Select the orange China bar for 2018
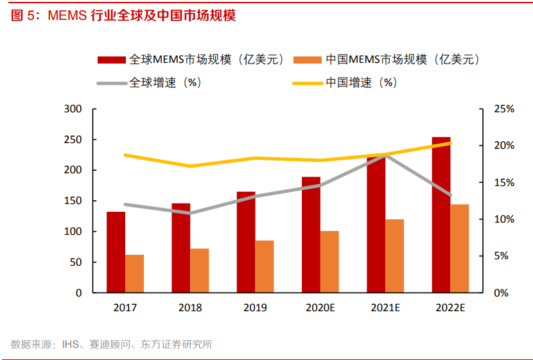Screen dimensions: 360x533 tap(199, 270)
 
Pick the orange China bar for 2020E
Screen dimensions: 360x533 tap(329, 261)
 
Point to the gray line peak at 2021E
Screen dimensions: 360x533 tap(385, 155)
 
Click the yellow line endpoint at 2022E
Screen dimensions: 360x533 tap(450, 143)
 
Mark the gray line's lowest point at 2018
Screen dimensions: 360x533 tap(190, 213)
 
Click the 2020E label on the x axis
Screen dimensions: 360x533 tap(320, 308)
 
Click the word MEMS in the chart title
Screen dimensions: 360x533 tap(67, 16)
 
